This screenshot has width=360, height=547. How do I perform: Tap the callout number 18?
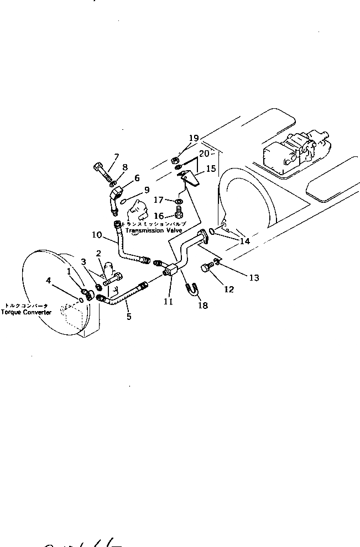[203, 305]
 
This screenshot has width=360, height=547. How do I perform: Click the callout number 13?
[254, 278]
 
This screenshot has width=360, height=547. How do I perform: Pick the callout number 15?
[210, 169]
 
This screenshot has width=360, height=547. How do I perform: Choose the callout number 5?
[128, 317]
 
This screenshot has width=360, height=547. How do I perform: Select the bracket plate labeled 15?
[189, 180]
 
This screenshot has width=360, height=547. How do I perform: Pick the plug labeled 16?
[180, 214]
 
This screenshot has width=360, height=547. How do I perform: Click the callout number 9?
[147, 190]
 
